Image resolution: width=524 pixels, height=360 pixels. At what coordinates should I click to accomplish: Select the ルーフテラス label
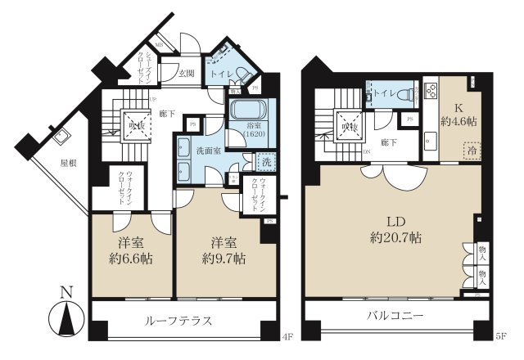tap(180, 320)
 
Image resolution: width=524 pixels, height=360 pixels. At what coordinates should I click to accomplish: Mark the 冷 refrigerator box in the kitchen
tap(472, 151)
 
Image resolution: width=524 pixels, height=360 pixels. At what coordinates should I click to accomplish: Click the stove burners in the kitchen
tap(431, 88)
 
